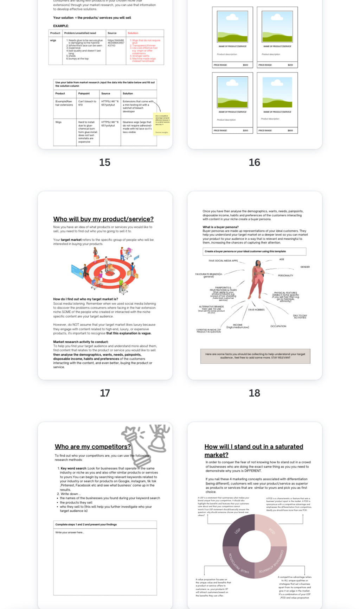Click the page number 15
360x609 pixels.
point(105,162)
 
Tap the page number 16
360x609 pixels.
point(255,162)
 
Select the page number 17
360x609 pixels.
point(105,393)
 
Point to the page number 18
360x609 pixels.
point(255,393)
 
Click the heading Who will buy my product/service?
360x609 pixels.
point(103,219)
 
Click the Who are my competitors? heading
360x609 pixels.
point(93,446)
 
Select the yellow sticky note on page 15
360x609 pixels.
point(162,124)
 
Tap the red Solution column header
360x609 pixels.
point(133,33)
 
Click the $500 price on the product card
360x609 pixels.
point(245,65)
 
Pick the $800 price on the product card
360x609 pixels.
point(290,131)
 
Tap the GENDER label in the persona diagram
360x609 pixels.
point(305,267)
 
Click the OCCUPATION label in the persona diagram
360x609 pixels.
point(278,326)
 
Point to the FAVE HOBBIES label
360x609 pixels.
point(256,310)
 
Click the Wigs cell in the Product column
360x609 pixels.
point(58,122)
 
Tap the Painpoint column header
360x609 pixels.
point(84,94)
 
